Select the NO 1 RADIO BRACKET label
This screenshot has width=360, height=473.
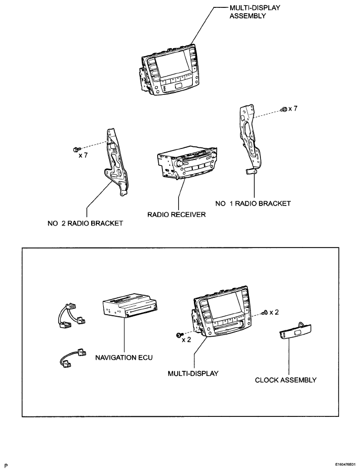253,203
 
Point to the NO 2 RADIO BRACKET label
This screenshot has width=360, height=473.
84,223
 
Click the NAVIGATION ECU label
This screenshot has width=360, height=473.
124,358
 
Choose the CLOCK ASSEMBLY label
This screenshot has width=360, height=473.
286,380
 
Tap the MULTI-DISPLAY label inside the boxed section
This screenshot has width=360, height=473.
193,373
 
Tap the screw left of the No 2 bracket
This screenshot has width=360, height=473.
77,148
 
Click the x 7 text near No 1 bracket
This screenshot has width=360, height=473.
297,109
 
